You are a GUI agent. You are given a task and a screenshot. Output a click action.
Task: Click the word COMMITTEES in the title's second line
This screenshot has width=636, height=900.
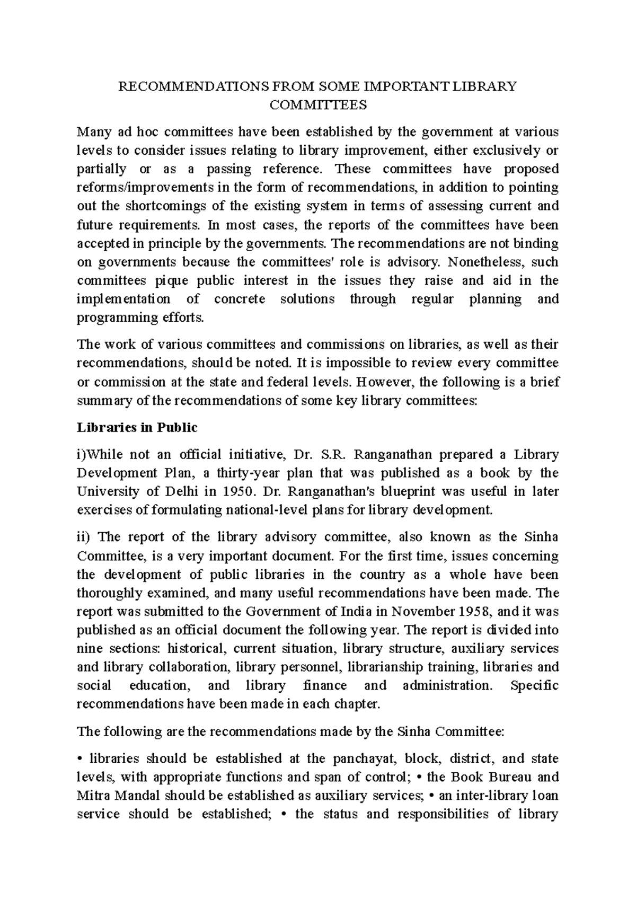click(x=318, y=105)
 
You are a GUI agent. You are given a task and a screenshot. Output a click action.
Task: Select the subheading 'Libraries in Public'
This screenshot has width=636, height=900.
click(x=137, y=427)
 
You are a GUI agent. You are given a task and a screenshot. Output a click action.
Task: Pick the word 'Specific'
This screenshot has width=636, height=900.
click(x=534, y=685)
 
